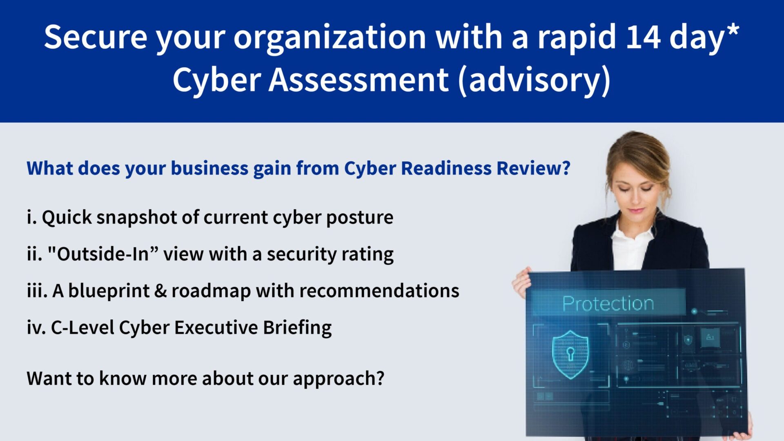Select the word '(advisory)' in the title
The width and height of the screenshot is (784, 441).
tap(535, 80)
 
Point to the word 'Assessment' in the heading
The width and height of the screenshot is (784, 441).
tap(359, 80)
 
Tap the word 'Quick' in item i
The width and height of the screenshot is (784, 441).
tap(67, 218)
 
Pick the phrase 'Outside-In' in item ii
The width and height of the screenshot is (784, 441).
tap(103, 254)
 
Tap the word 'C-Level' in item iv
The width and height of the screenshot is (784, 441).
tap(82, 327)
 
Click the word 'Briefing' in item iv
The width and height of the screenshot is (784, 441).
tap(297, 328)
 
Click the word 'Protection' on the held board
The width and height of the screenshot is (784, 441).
tap(608, 303)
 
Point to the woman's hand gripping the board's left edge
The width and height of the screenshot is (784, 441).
tap(521, 283)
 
